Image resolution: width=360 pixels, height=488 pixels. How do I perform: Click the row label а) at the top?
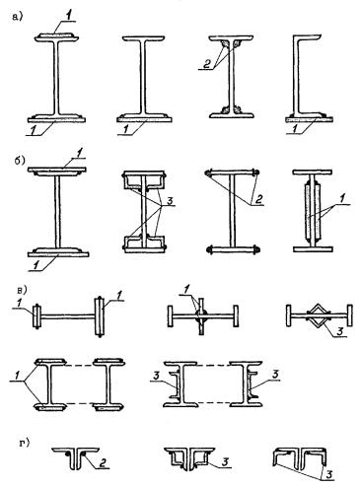17,17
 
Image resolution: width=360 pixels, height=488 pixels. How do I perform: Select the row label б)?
19,161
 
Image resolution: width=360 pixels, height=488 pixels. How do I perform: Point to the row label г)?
24,443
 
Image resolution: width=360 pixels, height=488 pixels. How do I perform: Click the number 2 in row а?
207,64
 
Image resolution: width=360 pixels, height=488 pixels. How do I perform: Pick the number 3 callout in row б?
170,201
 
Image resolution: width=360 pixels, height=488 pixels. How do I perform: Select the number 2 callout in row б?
259,199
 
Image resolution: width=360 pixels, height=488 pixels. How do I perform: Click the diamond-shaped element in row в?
318,315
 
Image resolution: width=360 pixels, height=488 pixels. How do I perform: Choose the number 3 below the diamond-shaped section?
340,331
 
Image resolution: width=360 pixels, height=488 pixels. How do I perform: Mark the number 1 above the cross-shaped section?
186,290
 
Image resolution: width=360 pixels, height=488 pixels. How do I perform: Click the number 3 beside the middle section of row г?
225,462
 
